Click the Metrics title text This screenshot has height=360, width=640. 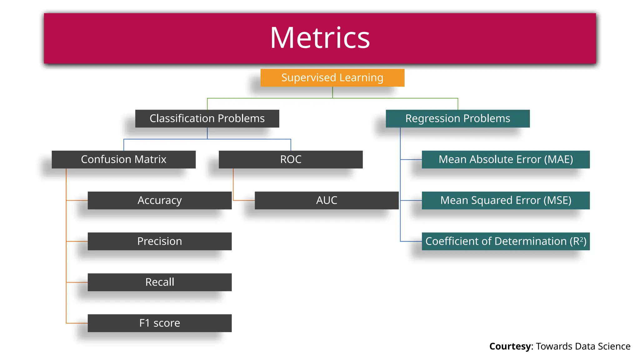tap(320, 38)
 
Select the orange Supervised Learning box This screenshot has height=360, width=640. tap(332, 78)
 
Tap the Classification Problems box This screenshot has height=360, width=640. tap(207, 119)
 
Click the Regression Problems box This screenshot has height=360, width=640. tap(457, 119)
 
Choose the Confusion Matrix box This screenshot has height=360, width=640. tap(123, 160)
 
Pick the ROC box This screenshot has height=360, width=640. tap(291, 160)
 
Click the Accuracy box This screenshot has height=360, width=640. tap(159, 200)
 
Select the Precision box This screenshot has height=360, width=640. tap(159, 241)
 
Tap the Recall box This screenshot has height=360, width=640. tap(159, 282)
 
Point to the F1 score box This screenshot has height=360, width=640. tap(159, 323)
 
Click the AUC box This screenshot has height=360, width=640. tap(327, 200)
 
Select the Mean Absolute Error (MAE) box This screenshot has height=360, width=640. tap(506, 160)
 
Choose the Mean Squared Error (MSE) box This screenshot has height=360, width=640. tap(506, 200)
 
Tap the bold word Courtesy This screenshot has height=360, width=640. tap(510, 346)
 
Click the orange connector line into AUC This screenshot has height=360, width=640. tap(244, 200)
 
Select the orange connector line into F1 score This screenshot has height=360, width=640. tap(77, 323)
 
